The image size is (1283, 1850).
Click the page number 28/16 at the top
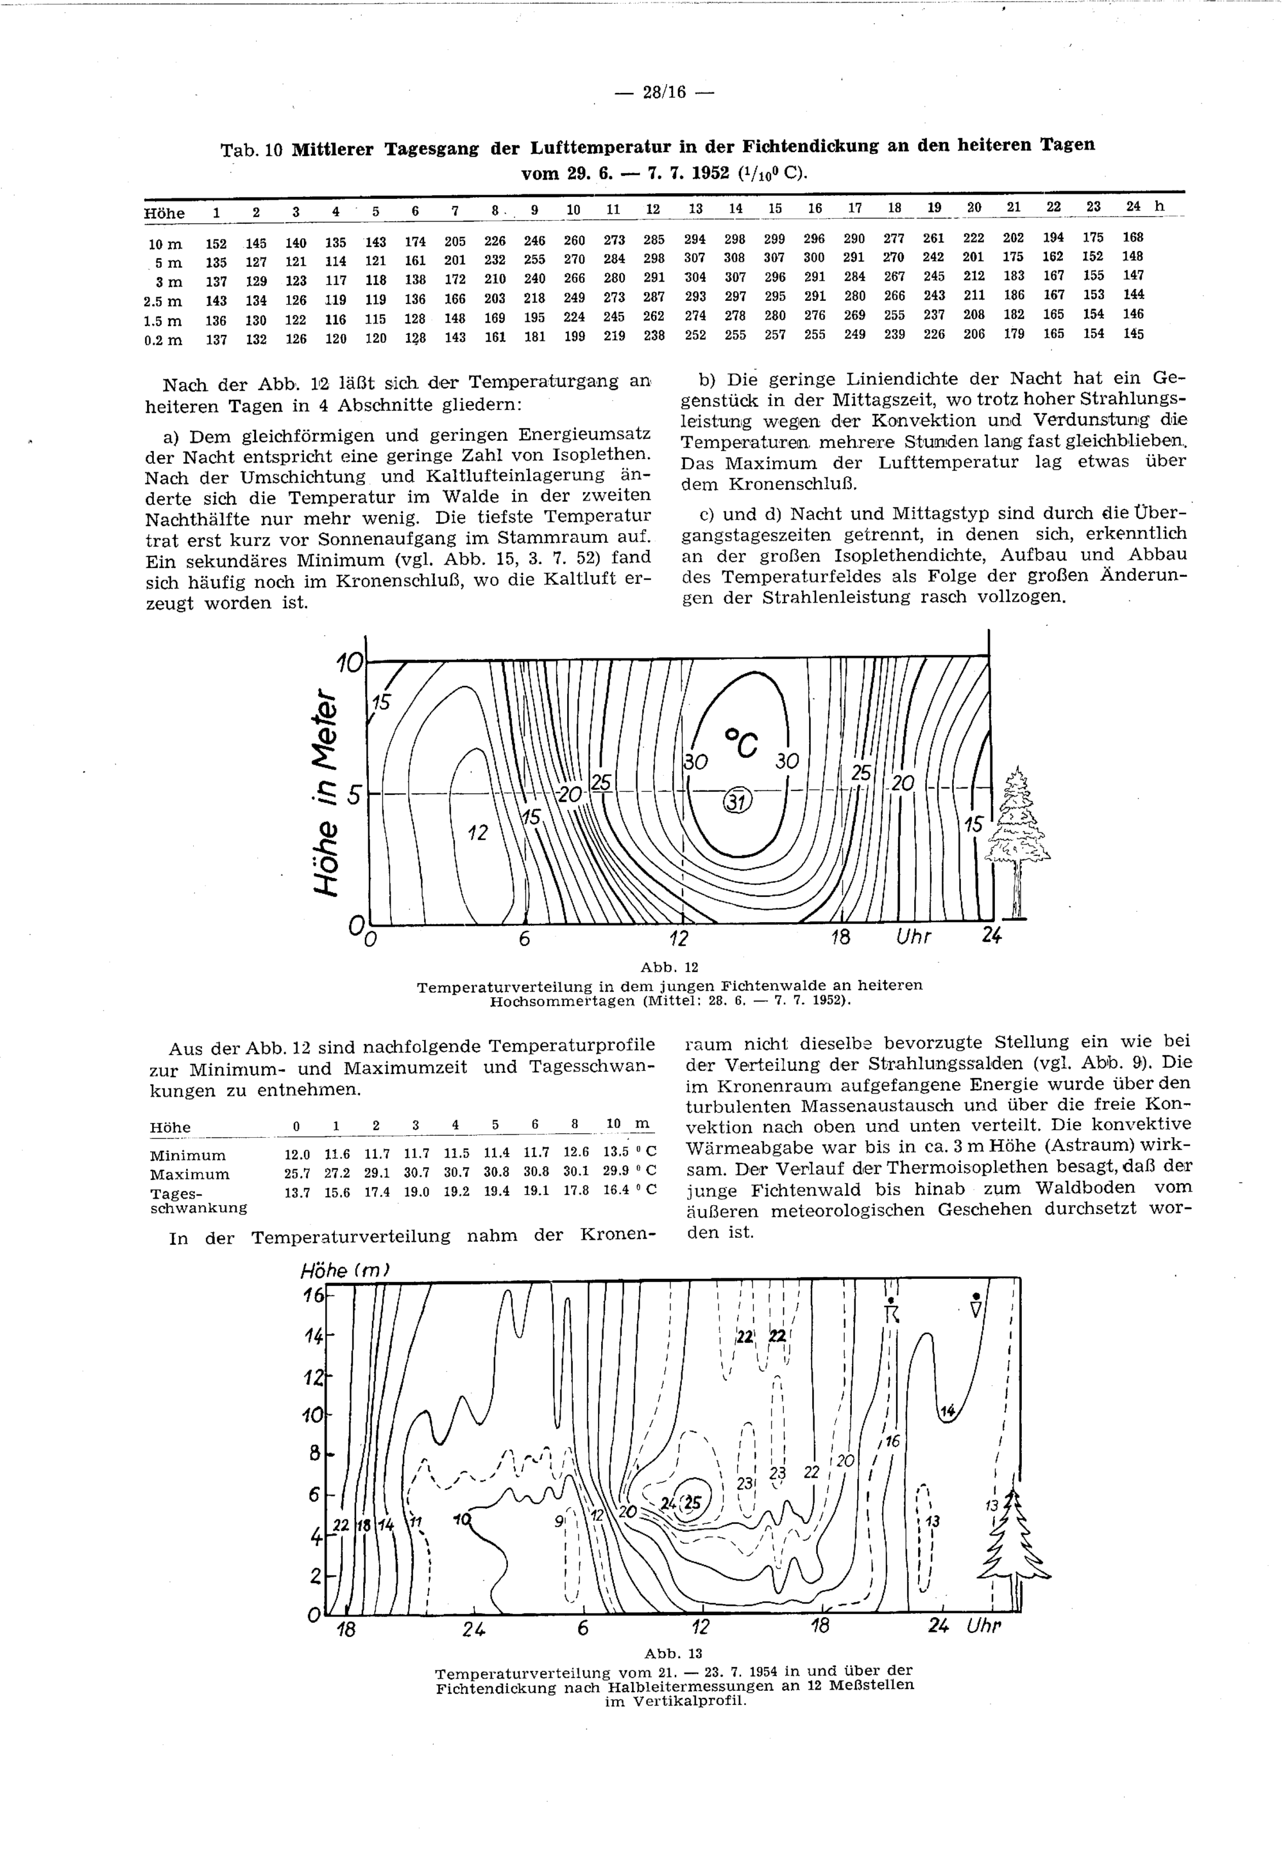point(663,92)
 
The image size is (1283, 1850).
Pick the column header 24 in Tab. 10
point(1133,207)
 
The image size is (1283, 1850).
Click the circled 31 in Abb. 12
point(736,801)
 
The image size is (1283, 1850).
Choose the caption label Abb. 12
point(663,967)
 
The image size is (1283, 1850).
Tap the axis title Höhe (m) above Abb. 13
point(344,1271)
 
